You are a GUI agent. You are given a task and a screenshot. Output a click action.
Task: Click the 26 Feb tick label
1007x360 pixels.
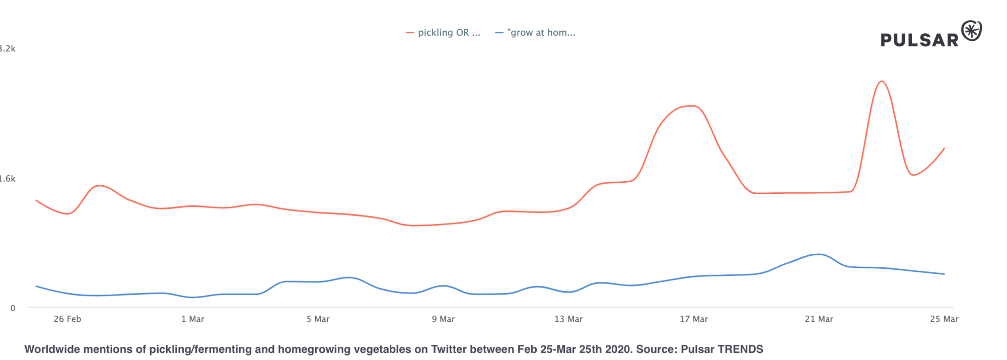click(67, 319)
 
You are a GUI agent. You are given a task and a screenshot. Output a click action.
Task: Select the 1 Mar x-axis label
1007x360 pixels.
click(193, 319)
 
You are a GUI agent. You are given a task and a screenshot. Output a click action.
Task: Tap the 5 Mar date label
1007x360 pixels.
click(318, 319)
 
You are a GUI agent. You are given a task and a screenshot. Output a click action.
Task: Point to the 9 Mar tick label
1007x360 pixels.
click(443, 319)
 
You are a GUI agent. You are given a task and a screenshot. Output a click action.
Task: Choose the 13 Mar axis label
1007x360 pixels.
click(568, 319)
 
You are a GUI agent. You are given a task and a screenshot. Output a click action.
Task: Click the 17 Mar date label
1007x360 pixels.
click(694, 319)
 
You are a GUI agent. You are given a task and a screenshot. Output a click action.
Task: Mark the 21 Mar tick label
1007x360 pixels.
click(819, 319)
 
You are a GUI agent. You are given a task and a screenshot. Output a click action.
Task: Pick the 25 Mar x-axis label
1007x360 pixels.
click(944, 319)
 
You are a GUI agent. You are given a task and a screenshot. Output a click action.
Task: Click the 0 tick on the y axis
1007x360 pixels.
click(13, 308)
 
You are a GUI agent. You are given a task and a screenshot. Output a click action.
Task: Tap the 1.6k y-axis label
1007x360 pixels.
click(8, 179)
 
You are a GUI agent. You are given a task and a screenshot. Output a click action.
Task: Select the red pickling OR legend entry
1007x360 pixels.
click(443, 33)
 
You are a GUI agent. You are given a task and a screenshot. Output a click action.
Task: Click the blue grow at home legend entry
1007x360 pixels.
click(536, 33)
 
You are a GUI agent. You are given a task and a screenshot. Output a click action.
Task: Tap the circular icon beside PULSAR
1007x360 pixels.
click(972, 31)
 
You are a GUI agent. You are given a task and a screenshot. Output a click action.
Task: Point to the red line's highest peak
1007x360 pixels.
click(881, 81)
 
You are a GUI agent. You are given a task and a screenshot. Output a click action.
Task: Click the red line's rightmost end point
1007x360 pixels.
click(944, 149)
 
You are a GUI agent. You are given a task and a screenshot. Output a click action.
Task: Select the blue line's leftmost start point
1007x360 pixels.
click(36, 286)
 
